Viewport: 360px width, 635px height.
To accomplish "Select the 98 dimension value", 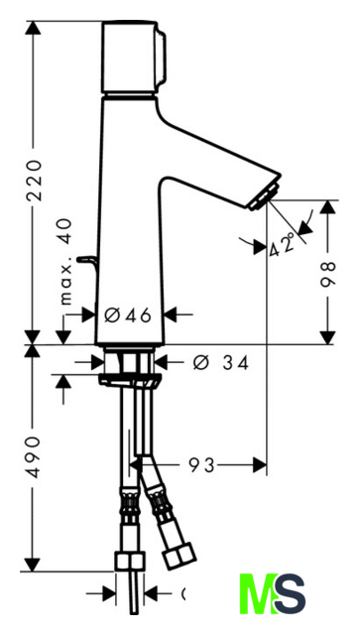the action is (328, 274).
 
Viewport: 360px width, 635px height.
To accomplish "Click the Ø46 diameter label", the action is (128, 316).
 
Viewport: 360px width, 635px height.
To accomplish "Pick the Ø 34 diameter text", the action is (221, 363).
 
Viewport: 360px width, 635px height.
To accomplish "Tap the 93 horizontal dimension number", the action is (201, 465).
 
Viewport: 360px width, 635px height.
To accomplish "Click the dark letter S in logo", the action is (289, 594).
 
